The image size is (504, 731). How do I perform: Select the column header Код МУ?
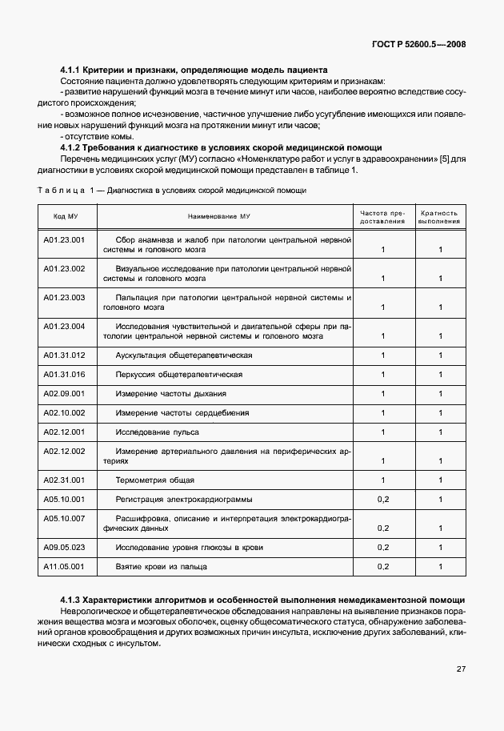tap(66, 217)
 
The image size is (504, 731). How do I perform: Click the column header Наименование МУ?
tap(219, 217)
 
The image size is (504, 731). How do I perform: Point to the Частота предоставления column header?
tap(382, 217)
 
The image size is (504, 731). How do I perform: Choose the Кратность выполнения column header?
tap(439, 217)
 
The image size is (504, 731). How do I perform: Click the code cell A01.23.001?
tap(64, 239)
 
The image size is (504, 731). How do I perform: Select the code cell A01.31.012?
tap(64, 355)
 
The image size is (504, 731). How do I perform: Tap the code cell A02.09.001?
tap(64, 393)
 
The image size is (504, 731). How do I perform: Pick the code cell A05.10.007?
tap(64, 519)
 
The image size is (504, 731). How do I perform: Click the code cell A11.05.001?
tap(64, 567)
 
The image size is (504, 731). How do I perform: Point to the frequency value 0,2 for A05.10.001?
tap(382, 500)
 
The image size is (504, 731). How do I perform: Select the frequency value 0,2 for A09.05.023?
tap(382, 548)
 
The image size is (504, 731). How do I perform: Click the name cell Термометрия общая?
tap(154, 480)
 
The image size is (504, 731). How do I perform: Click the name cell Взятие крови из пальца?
tap(162, 567)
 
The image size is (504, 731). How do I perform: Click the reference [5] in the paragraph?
tap(440, 159)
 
